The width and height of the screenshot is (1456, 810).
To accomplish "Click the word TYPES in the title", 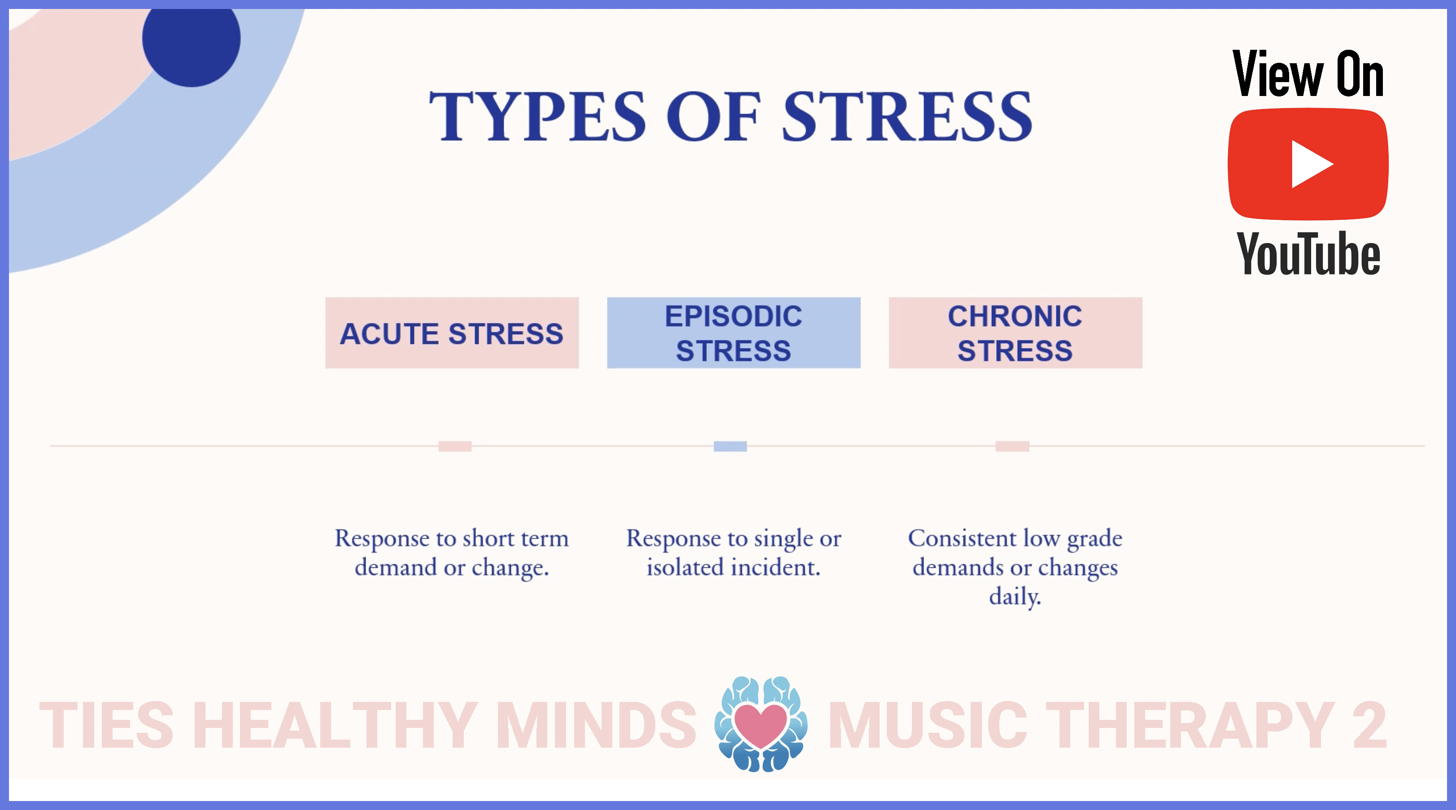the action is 537,117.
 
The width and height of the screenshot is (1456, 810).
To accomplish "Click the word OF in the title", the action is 713,117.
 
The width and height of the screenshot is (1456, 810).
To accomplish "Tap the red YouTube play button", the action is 1308,164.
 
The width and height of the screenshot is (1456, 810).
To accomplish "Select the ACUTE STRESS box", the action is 452,333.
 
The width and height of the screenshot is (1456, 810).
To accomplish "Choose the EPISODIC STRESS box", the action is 734,333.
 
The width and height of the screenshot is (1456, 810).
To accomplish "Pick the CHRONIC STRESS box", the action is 1015,333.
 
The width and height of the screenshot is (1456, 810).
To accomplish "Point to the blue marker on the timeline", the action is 730,446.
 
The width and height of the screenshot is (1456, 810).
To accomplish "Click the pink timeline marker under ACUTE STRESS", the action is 455,446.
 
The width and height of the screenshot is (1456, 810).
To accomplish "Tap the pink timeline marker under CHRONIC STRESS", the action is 1012,446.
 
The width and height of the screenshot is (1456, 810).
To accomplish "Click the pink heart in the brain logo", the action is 760,725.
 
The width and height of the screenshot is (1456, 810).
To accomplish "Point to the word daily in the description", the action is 1015,597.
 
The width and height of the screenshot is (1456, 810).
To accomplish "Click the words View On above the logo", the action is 1308,74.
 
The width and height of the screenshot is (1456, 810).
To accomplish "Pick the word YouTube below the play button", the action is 1308,254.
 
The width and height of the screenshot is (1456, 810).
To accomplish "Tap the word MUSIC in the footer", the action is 928,725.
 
